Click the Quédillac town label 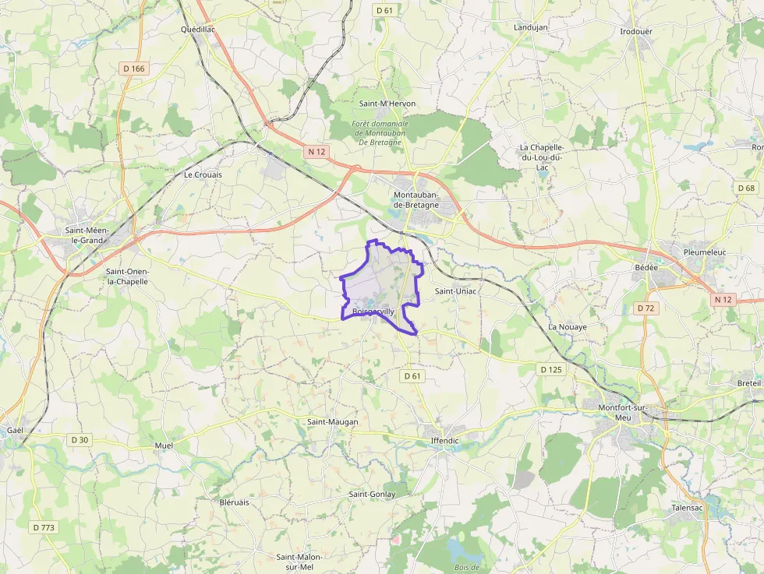197,30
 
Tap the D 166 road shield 134,69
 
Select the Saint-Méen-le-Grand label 87,235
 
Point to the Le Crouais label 203,175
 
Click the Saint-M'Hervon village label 387,104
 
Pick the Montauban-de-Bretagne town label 416,199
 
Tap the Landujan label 531,27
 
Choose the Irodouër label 636,31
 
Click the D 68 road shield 746,188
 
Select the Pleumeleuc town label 704,252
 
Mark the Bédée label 646,268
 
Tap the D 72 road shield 646,308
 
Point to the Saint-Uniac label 455,291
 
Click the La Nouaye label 568,327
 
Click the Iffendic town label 445,441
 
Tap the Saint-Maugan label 333,422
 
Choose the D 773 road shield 44,527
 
